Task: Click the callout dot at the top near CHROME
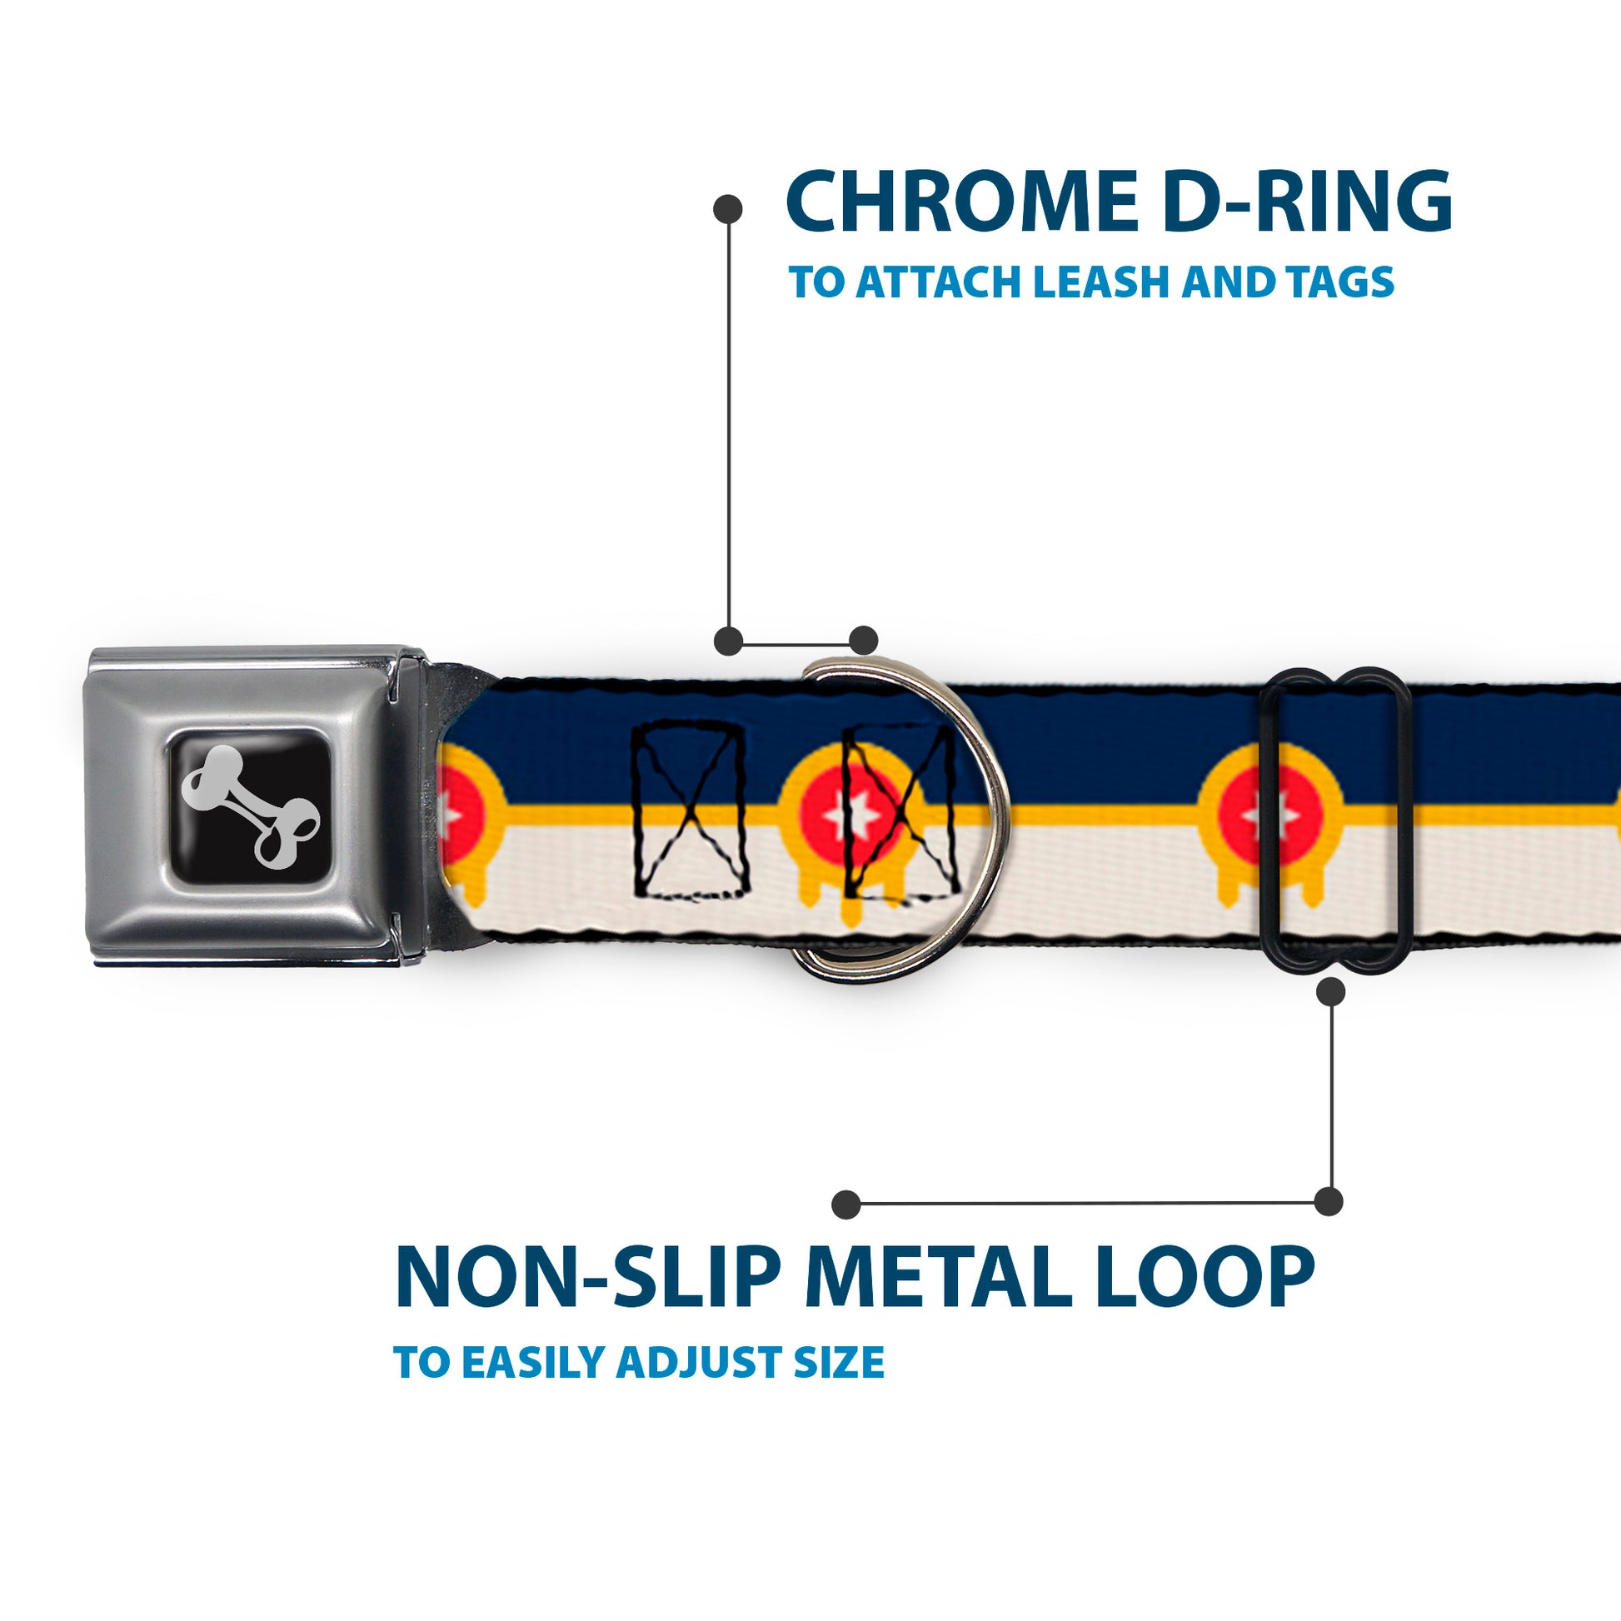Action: tap(727, 209)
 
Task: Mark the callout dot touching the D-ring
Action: tap(863, 641)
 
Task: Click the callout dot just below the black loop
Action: tap(1330, 993)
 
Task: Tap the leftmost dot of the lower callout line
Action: tap(846, 1205)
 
